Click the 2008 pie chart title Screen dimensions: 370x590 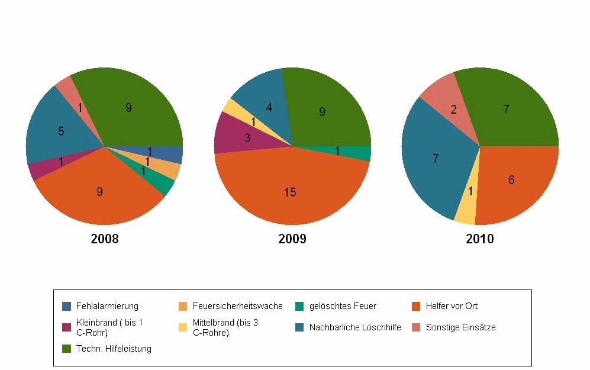104,239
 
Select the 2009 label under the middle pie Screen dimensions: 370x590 292,239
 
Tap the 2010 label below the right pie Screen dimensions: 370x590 479,239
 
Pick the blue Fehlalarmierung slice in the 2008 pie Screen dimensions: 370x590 172,155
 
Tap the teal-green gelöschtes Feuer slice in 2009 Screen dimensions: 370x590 358,152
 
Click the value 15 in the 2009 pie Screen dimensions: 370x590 290,192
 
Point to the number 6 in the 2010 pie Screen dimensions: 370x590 512,180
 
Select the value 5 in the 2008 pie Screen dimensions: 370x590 61,131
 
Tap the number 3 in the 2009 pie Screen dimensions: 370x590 248,138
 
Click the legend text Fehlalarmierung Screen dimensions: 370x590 107,306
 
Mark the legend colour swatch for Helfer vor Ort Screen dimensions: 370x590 415,306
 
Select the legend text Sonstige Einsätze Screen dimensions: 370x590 460,327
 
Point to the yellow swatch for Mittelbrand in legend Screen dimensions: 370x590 182,327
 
